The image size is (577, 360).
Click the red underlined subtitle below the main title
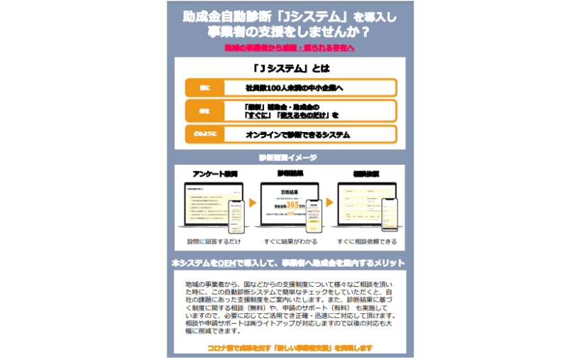289,48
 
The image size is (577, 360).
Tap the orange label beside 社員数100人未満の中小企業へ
204,88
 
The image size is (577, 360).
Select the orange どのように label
204,133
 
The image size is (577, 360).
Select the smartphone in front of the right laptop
388,214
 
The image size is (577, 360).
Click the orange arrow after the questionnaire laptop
253,203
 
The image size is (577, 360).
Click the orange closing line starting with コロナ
290,348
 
